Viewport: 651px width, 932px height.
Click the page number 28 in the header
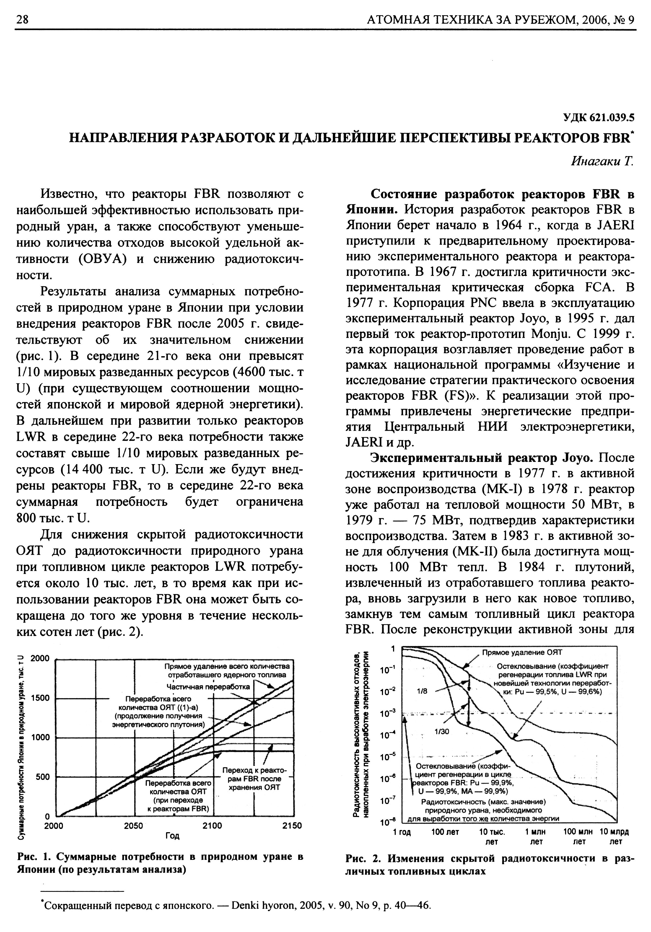pyautogui.click(x=22, y=19)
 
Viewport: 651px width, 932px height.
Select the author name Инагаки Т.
pyautogui.click(x=602, y=161)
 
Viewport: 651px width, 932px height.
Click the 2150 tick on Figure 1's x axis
pyautogui.click(x=292, y=825)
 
